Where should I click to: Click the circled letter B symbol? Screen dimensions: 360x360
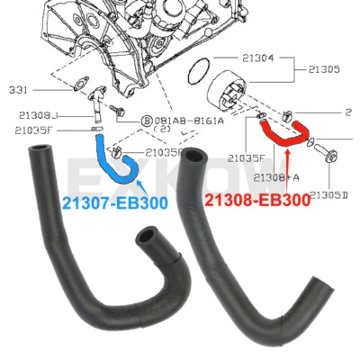[145, 120]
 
